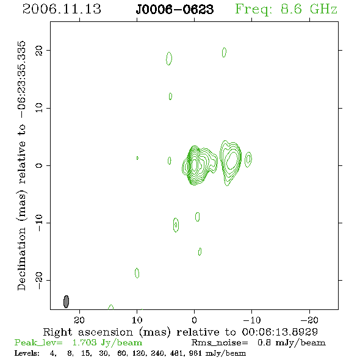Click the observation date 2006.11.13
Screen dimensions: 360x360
click(62, 9)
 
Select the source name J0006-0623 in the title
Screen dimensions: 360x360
click(175, 9)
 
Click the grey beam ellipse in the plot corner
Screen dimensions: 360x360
click(66, 301)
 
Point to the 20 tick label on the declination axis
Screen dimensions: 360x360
click(39, 51)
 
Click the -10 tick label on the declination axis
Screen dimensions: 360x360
click(39, 223)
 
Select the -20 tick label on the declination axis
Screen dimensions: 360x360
click(39, 280)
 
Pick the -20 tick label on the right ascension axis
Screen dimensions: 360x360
click(309, 320)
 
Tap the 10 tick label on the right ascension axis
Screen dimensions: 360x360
click(137, 320)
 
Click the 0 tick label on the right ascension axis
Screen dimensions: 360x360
click(194, 320)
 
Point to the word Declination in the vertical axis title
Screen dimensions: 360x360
click(21, 259)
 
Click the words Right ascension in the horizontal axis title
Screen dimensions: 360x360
click(88, 332)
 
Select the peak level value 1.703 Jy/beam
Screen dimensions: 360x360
click(107, 343)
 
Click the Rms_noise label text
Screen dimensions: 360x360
click(220, 343)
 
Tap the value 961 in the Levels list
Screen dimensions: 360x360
click(195, 353)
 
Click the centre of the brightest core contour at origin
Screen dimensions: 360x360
click(195, 164)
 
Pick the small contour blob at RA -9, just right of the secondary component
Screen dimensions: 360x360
click(248, 159)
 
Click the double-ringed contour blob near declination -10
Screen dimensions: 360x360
click(176, 225)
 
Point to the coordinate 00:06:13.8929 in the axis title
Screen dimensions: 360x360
click(280, 332)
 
